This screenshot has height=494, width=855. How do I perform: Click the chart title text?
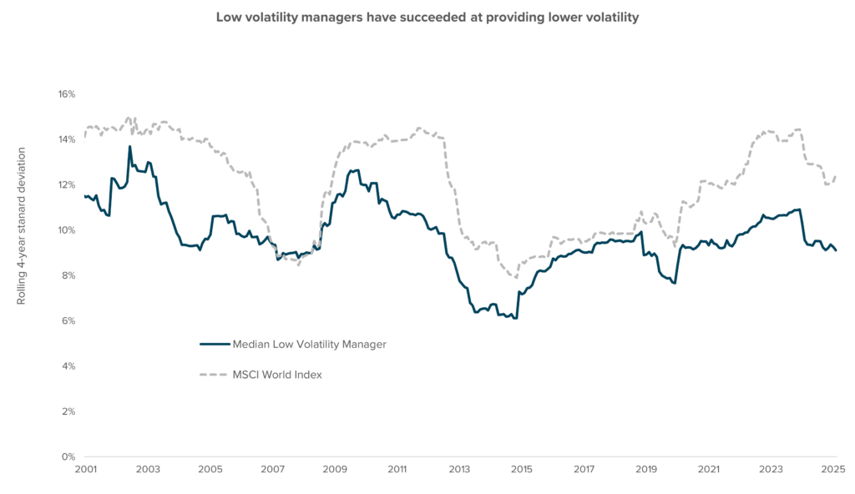click(427, 18)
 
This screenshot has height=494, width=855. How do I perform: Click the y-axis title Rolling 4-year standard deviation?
click(22, 226)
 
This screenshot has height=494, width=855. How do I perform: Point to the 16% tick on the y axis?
click(65, 94)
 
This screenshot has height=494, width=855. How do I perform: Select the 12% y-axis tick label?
click(65, 184)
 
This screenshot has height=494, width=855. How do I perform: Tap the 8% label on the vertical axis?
click(67, 275)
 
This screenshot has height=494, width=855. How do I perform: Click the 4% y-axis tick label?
click(67, 366)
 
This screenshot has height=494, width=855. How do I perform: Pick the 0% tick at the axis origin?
click(67, 456)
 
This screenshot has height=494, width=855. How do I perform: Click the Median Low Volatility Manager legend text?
click(310, 344)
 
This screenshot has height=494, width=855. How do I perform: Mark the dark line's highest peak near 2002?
click(129, 147)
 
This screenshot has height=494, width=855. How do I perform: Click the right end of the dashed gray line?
click(836, 175)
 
